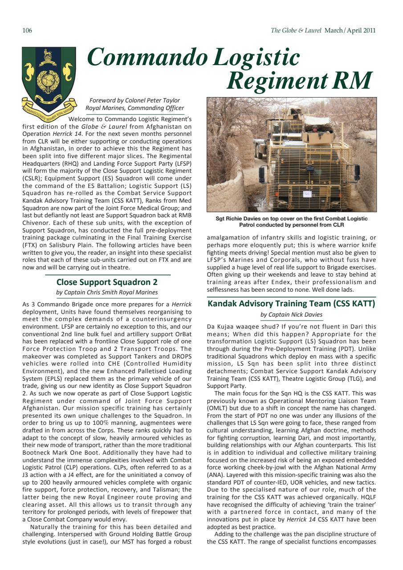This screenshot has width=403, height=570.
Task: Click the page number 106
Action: tap(27, 31)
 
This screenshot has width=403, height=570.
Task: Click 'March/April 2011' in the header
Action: tap(350, 31)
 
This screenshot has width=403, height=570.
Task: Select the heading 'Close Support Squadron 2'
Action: tap(107, 282)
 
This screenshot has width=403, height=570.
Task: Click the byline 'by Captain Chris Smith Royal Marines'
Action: tap(107, 293)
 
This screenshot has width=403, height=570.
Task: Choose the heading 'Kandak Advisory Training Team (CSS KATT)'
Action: tap(292, 304)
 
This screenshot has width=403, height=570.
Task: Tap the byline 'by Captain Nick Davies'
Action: tap(292, 315)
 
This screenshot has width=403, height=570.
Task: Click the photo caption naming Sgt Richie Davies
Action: tap(292, 221)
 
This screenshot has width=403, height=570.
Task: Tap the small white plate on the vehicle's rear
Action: tap(307, 193)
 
